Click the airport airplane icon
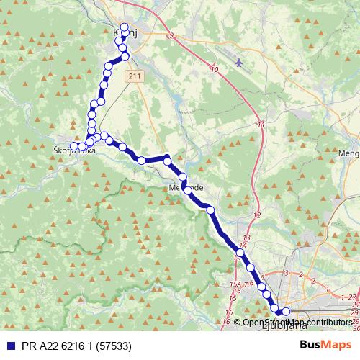tap(238, 62)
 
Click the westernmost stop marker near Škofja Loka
tap(74, 147)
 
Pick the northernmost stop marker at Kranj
tap(125, 28)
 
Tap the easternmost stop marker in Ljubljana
tap(286, 312)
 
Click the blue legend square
tap(7, 346)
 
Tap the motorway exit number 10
tap(215, 69)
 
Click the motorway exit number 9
tap(171, 35)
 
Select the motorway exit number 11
tap(260, 125)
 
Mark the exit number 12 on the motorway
tap(256, 215)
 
